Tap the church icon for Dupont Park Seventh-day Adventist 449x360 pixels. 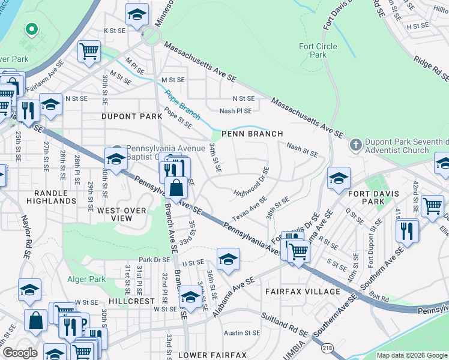pos(355,145)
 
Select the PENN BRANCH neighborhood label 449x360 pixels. pos(252,134)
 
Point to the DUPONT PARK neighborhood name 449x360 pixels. pos(131,116)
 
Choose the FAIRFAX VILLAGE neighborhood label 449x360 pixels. pos(303,292)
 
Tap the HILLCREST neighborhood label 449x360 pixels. pos(131,301)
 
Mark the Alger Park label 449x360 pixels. pos(89,279)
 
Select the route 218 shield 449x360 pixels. pos(327,347)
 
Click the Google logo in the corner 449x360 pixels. pos(20,353)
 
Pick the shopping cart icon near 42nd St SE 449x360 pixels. pos(432,206)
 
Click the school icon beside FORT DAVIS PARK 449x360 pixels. pos(339,178)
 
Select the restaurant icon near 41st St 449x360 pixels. pos(408,230)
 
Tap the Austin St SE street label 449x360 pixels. pos(242,332)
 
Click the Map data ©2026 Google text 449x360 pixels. pos(412,355)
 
